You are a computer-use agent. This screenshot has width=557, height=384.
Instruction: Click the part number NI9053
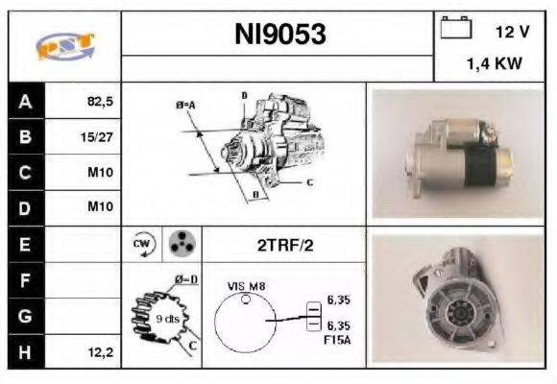point(279,36)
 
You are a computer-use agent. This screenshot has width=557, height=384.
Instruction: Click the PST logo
point(64,45)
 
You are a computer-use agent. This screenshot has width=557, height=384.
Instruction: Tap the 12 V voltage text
point(510,32)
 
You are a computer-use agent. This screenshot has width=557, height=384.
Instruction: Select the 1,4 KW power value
point(494,65)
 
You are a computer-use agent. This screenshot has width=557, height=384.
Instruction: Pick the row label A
point(25,100)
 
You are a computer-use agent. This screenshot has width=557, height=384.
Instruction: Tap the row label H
point(25,352)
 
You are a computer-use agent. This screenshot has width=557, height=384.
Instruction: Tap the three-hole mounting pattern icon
point(180,245)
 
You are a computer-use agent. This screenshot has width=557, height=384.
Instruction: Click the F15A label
point(338,338)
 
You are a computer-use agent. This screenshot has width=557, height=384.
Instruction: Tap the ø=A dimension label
point(186,106)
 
